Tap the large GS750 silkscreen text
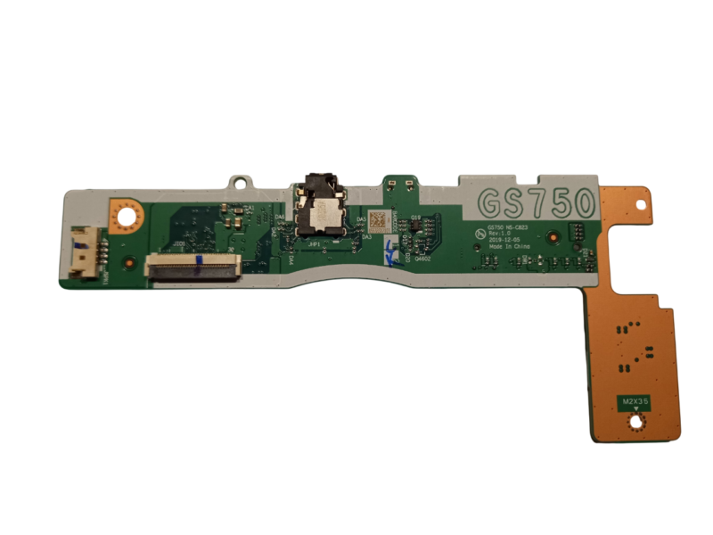pyautogui.click(x=535, y=203)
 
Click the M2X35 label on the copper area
pyautogui.click(x=636, y=404)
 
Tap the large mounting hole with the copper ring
pyautogui.click(x=125, y=215)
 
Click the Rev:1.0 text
pyautogui.click(x=500, y=235)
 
